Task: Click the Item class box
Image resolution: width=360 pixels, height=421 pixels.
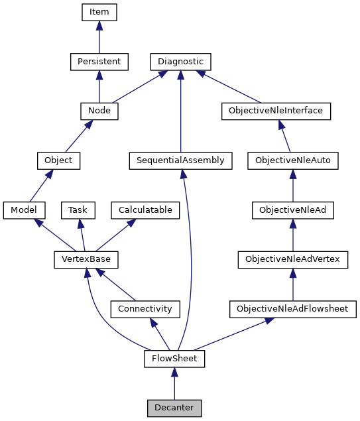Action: (x=99, y=12)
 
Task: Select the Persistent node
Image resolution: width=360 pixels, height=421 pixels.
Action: (x=99, y=62)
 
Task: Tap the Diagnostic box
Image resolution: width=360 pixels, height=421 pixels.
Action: (x=180, y=62)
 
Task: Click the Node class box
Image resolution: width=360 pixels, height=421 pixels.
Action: (x=99, y=111)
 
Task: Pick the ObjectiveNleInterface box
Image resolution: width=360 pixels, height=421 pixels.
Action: (x=275, y=111)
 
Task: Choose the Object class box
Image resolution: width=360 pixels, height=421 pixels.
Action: (x=58, y=160)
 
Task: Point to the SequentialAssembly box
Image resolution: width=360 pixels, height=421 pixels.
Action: (x=180, y=160)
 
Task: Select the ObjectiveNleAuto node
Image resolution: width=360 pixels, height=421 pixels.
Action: (x=292, y=160)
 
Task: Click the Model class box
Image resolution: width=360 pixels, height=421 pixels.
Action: (x=24, y=210)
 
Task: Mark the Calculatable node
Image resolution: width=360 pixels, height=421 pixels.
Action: (x=145, y=210)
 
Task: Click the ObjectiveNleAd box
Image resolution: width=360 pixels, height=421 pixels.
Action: (x=292, y=210)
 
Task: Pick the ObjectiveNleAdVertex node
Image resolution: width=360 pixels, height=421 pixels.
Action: (x=292, y=259)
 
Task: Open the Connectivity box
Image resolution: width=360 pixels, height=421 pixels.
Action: (x=145, y=309)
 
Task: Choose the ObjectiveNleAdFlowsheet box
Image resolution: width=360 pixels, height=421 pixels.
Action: (x=292, y=309)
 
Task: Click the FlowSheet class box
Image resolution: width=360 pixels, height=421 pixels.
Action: (x=174, y=359)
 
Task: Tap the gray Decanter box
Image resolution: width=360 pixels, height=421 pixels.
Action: (x=174, y=408)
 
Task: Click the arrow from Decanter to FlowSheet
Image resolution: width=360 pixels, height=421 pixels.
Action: (x=174, y=384)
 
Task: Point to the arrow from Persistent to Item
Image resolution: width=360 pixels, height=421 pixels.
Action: (x=99, y=37)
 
